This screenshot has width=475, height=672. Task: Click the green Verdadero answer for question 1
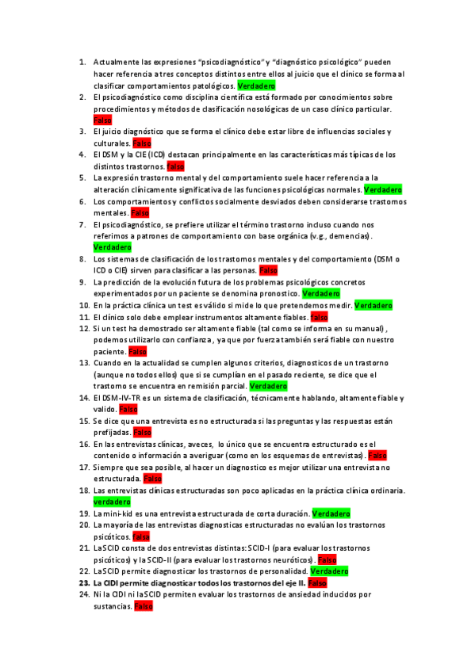(x=256, y=85)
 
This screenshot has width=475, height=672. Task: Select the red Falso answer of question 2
(x=102, y=120)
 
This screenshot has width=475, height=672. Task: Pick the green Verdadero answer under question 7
(x=112, y=247)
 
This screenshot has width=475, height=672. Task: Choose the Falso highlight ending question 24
(x=144, y=606)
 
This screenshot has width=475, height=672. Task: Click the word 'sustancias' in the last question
(x=112, y=606)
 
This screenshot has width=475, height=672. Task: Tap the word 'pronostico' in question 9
(x=278, y=293)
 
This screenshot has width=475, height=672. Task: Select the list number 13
(x=83, y=363)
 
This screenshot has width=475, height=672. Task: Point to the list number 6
(x=85, y=201)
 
